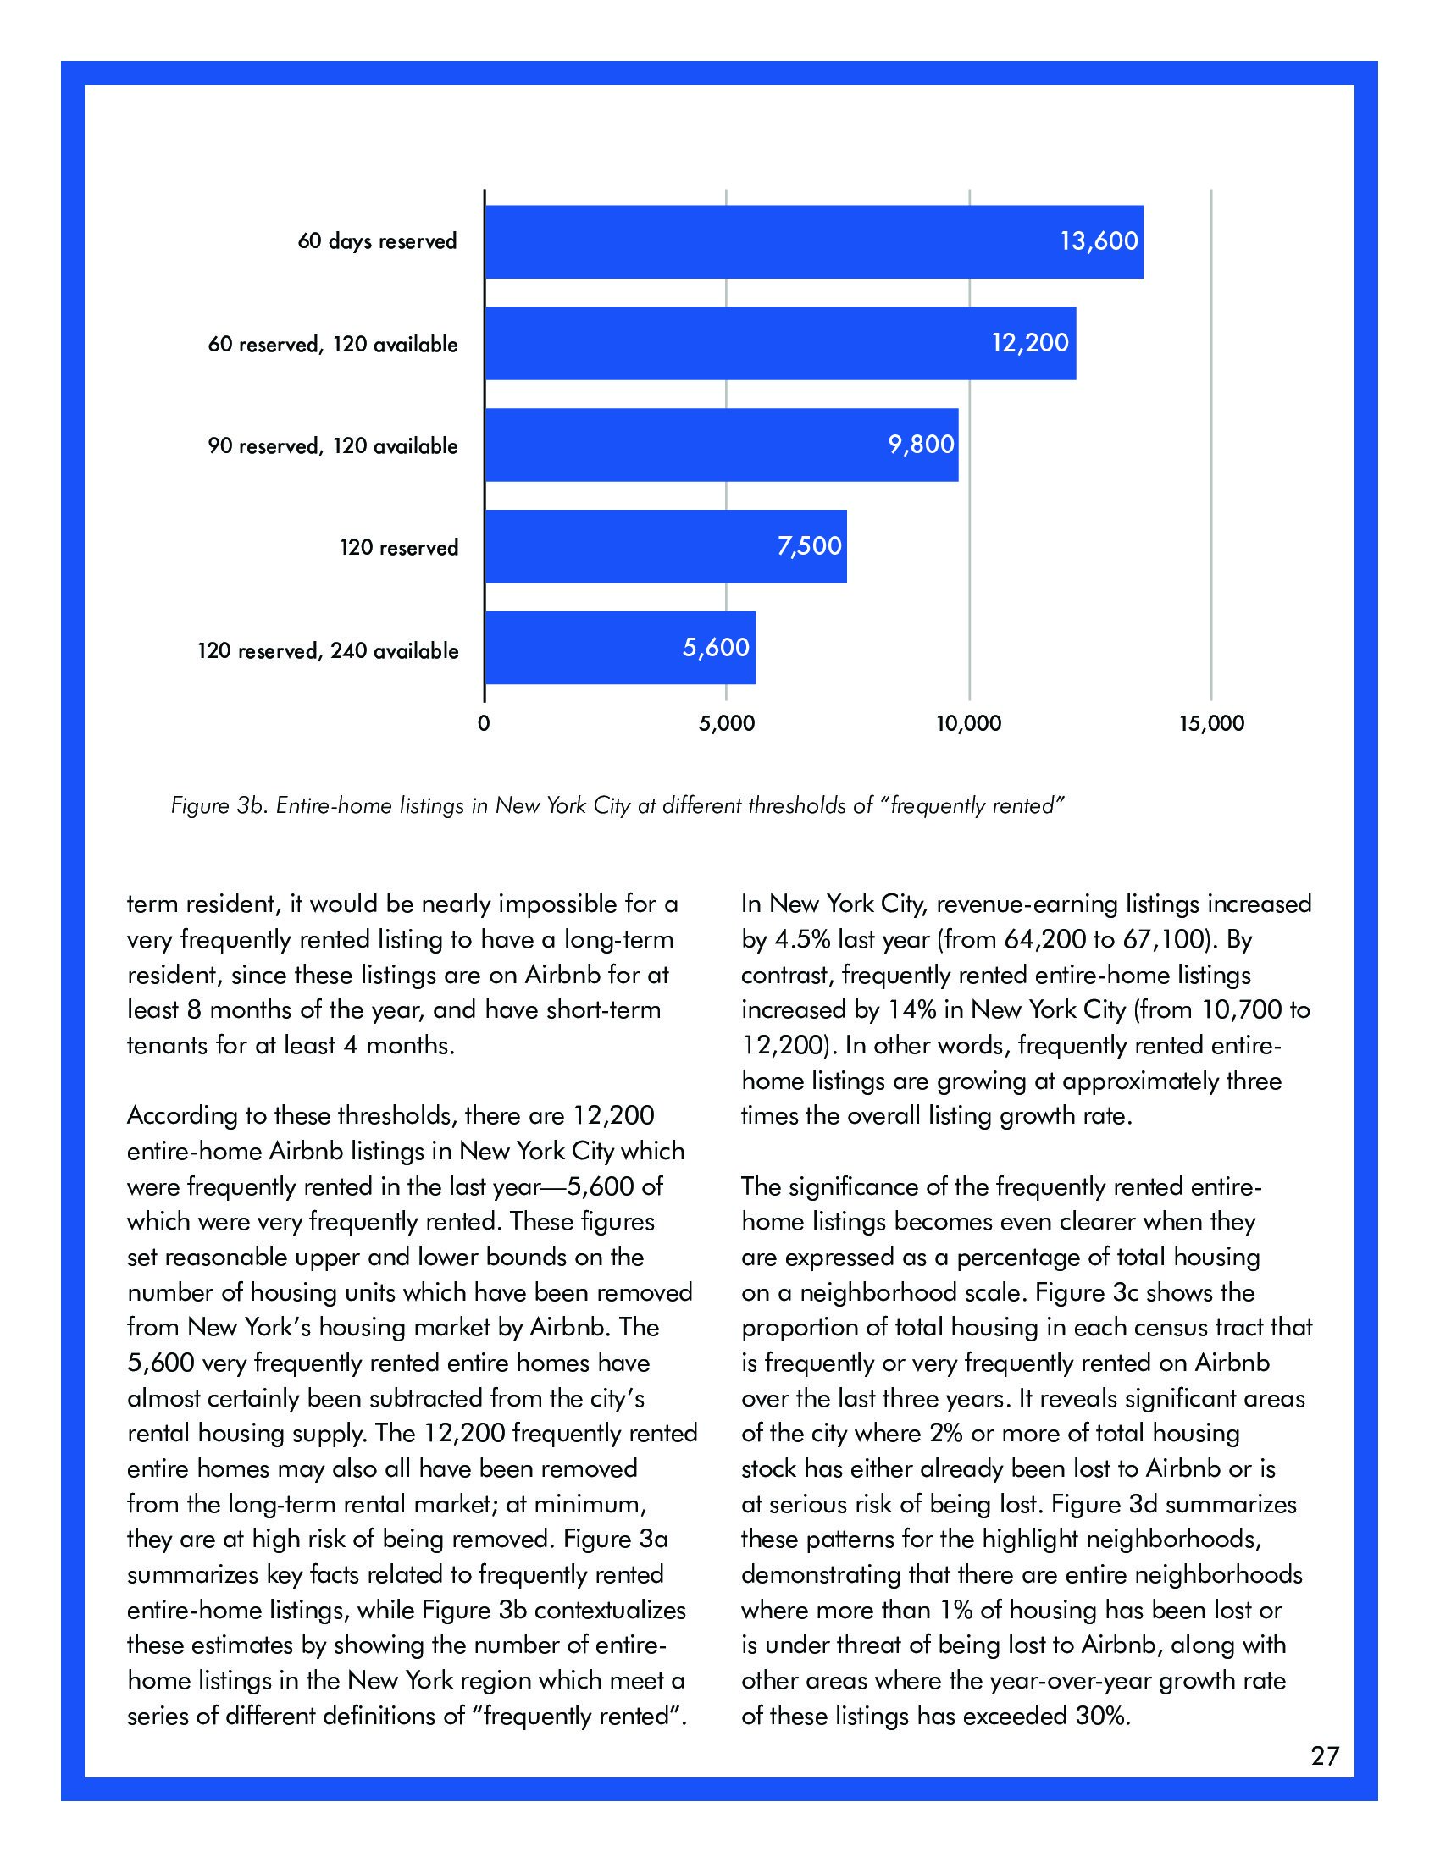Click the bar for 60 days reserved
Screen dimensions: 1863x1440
pyautogui.click(x=813, y=241)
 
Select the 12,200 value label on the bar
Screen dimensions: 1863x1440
pyautogui.click(x=1030, y=343)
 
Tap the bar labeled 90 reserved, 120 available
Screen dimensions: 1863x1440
pyautogui.click(x=721, y=445)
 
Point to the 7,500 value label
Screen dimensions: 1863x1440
pyautogui.click(x=809, y=546)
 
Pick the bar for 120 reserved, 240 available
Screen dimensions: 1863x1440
pyautogui.click(x=619, y=649)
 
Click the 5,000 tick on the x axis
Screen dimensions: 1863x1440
pyautogui.click(x=726, y=724)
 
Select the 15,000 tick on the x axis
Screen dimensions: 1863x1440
pyautogui.click(x=1211, y=724)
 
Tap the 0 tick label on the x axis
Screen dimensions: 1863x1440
pyautogui.click(x=484, y=724)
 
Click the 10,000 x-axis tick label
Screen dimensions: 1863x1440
pyautogui.click(x=968, y=724)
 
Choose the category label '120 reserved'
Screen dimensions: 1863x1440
pyautogui.click(x=398, y=548)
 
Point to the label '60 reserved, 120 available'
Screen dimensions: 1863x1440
pyautogui.click(x=333, y=345)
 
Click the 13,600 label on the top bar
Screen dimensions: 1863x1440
pyautogui.click(x=1099, y=241)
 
